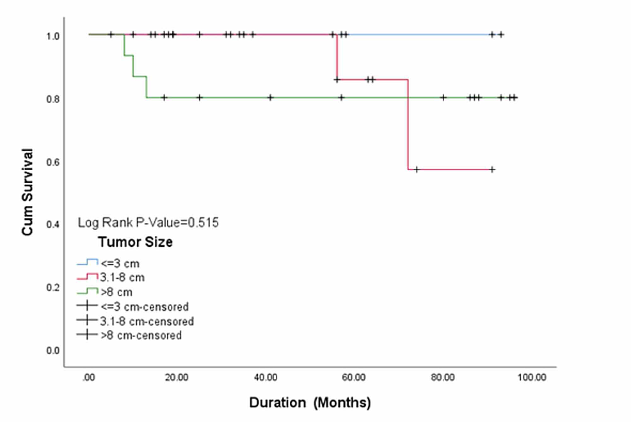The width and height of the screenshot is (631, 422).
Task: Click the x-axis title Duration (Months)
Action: pyautogui.click(x=310, y=403)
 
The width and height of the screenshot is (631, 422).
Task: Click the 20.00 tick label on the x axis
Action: pyautogui.click(x=177, y=378)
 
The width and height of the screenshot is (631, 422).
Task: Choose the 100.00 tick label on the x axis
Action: pyautogui.click(x=531, y=378)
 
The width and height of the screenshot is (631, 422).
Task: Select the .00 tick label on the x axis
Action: pyautogui.click(x=89, y=378)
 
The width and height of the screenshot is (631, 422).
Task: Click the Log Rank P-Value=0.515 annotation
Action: pyautogui.click(x=148, y=223)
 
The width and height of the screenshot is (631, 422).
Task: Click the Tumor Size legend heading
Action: pyautogui.click(x=135, y=242)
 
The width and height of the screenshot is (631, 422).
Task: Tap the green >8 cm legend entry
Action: pyautogui.click(x=107, y=292)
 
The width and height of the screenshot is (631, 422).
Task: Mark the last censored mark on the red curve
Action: pyautogui.click(x=491, y=169)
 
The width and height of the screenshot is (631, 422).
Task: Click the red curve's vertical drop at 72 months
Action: pyautogui.click(x=408, y=125)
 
